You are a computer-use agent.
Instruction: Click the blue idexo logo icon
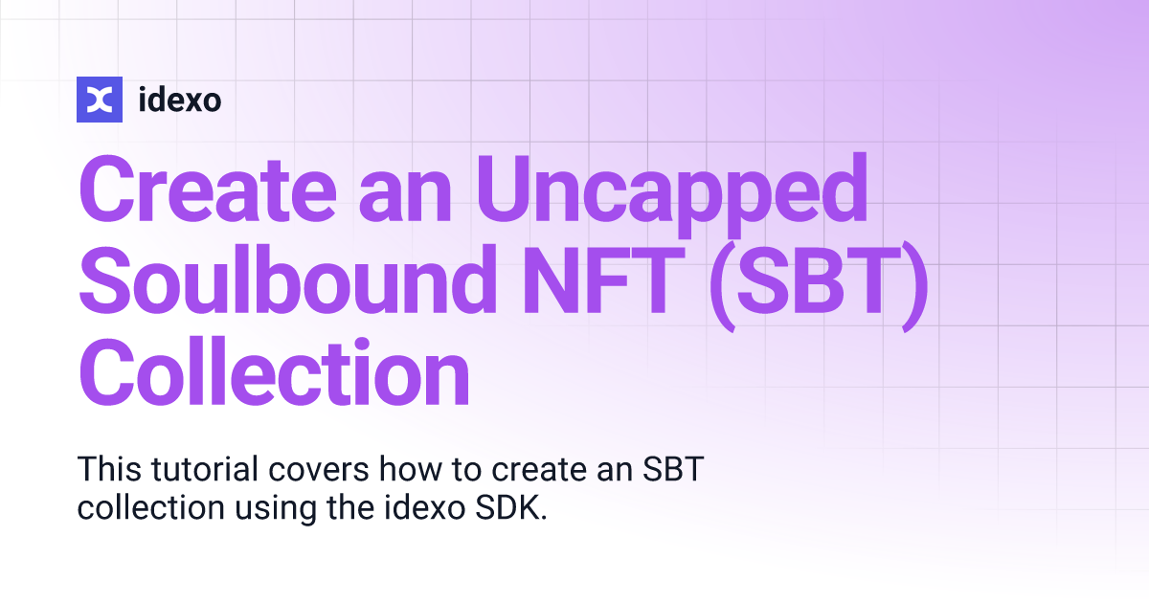100,99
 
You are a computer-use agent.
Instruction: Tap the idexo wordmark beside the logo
180,99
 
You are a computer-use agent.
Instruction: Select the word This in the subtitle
108,470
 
